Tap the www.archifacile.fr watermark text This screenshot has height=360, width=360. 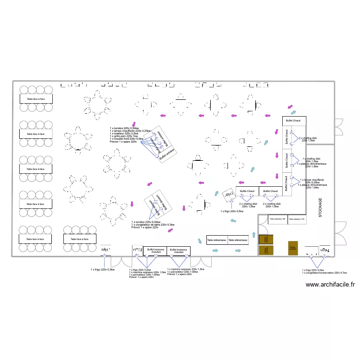click(330, 285)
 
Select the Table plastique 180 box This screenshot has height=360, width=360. click(277, 219)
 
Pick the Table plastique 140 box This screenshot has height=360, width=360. click(297, 219)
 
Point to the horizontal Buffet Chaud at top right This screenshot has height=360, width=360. click(294, 120)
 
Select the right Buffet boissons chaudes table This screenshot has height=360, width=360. click(179, 251)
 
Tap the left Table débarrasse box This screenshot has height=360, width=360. click(217, 240)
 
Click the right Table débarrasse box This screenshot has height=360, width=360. click(238, 240)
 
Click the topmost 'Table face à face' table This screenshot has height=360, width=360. click(36, 99)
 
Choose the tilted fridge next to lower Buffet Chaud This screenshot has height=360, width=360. click(227, 194)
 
